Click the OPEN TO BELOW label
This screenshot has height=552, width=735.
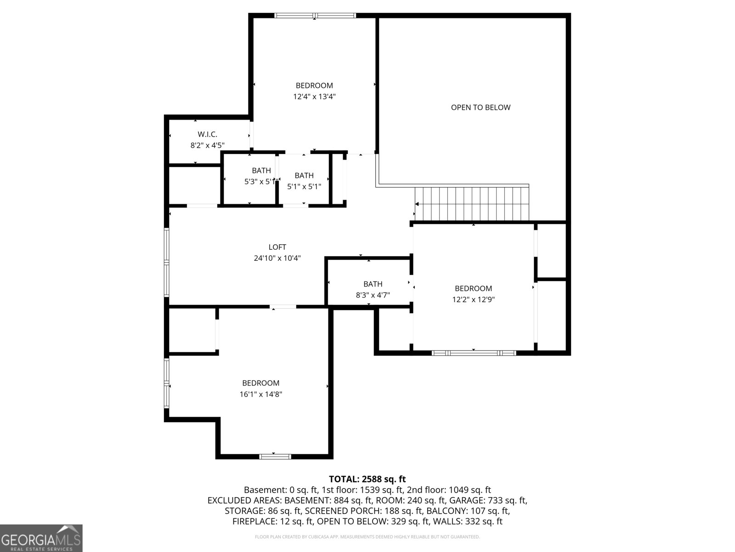coord(481,108)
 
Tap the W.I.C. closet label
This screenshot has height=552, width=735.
coord(207,134)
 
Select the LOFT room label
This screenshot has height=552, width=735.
coord(277,247)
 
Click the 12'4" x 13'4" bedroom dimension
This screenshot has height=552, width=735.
coord(314,97)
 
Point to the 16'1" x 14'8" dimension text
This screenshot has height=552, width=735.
coord(260,394)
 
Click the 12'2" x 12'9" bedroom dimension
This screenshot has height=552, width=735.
coord(473,299)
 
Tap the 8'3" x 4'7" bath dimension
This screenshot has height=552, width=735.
coord(373,295)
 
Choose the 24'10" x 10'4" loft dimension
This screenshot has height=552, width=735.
coord(277,259)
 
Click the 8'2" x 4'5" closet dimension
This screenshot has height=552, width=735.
coord(207,145)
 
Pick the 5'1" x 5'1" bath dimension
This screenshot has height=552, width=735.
coord(304,187)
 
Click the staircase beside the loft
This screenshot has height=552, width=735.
coord(472,204)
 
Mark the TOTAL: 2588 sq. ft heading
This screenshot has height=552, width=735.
coord(367,479)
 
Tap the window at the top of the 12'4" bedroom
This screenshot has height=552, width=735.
coord(315,16)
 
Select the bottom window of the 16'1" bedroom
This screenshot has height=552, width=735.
coord(275,456)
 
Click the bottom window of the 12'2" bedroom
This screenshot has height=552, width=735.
coord(474,353)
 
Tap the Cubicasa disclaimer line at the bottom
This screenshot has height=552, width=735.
coord(367,537)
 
